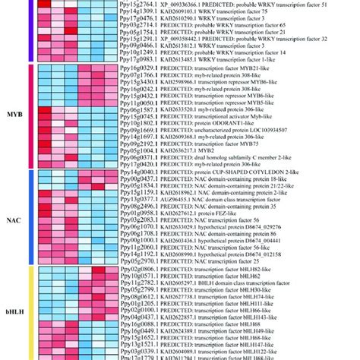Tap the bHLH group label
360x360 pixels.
click(14, 311)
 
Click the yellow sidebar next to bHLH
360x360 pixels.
click(30, 311)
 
